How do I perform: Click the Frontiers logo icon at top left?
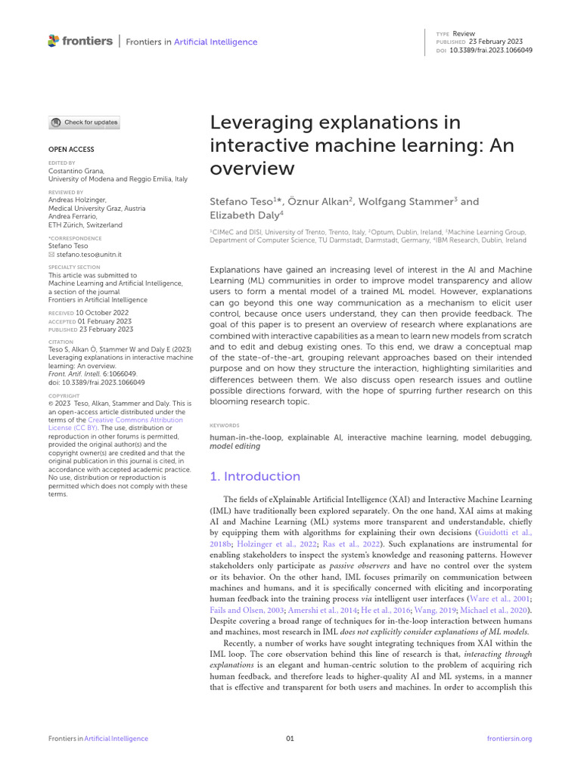53,41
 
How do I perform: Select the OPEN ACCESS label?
71,150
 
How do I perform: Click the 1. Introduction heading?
254,476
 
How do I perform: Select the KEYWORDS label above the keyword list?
225,426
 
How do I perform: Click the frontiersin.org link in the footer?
510,738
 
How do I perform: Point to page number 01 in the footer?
290,738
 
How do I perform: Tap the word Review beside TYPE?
463,34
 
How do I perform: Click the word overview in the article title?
251,168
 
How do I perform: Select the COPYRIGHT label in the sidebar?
64,396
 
